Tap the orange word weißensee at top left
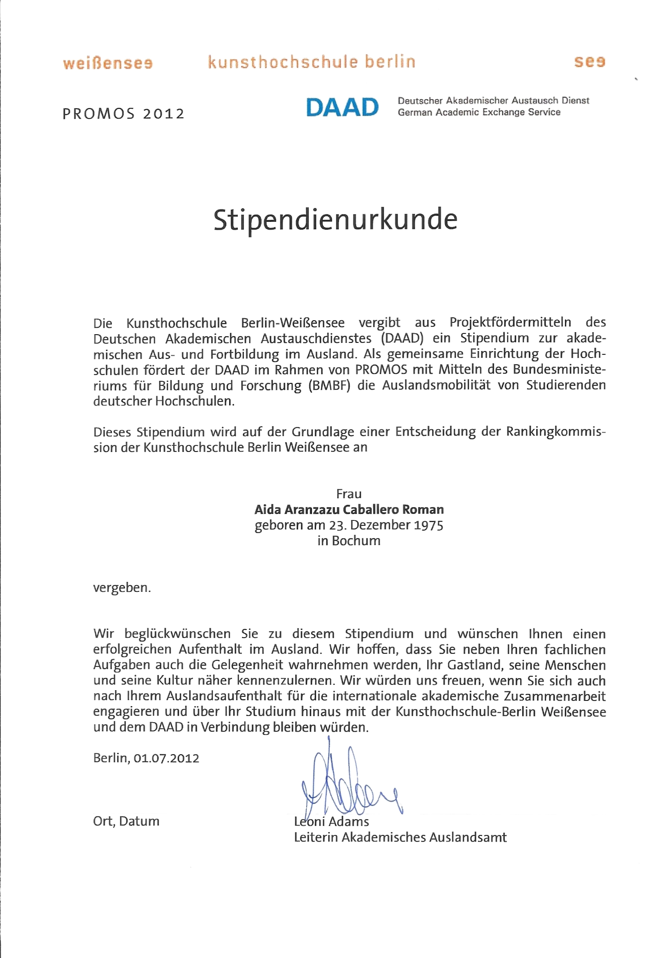click(108, 64)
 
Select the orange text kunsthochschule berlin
click(312, 62)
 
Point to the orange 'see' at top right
click(589, 62)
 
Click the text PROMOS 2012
click(123, 114)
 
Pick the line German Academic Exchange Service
click(479, 112)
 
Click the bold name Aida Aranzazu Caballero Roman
click(349, 509)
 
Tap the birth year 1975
click(428, 525)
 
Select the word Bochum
click(356, 541)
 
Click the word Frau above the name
click(349, 494)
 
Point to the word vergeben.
click(122, 588)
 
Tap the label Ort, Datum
click(126, 821)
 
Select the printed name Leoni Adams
click(332, 821)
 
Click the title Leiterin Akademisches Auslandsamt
click(400, 837)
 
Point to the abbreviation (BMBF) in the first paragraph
click(329, 385)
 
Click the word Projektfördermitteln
click(510, 322)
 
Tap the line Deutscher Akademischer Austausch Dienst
click(494, 100)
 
